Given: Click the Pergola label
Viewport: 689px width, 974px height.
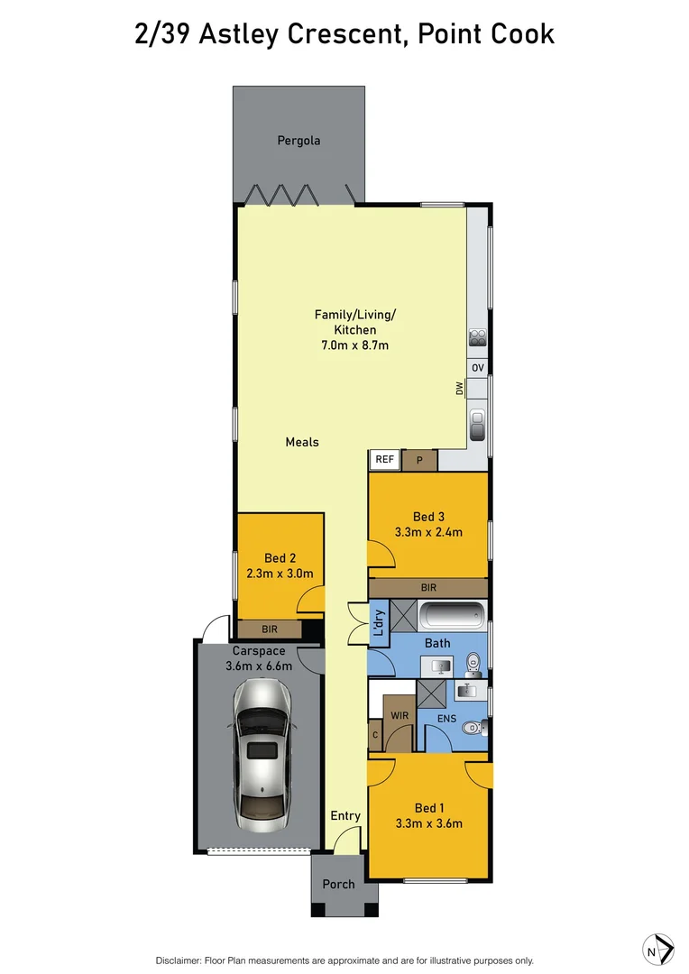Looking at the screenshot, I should (299, 141).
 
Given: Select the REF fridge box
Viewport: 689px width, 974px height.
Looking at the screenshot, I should (384, 460).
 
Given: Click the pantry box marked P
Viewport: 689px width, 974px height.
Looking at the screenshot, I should (419, 460).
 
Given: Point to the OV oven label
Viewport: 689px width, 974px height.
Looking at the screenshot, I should (478, 368).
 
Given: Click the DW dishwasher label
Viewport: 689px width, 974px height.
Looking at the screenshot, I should (459, 389).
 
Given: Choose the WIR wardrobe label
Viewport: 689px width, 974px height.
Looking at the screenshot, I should (399, 716).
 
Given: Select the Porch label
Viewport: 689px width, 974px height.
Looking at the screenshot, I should (339, 884).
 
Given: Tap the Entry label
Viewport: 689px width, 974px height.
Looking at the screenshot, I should (345, 816).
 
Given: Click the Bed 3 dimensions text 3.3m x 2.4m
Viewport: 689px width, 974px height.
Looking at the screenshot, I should (428, 532).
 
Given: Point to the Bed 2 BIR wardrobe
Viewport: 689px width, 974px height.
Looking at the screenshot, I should (269, 629).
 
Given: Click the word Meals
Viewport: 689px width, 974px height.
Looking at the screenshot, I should (302, 442).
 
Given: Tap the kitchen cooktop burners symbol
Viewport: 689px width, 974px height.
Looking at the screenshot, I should (478, 338).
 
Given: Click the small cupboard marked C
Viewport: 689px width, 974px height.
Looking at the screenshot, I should (374, 735).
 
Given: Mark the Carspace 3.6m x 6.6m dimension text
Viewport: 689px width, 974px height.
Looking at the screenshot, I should (259, 666).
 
